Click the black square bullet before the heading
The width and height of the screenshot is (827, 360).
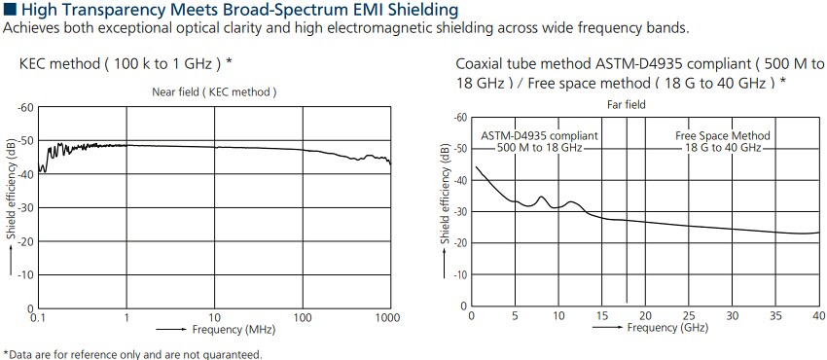point(10,10)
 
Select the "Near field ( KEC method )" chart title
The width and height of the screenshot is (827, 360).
point(214,91)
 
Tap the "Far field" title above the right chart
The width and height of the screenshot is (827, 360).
point(628,103)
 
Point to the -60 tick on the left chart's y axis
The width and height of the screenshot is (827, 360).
point(26,107)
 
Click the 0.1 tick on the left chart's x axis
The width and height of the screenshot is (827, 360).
point(39,318)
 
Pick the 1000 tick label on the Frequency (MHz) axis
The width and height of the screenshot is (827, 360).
point(389,318)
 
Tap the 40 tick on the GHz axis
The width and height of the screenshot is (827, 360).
point(818,315)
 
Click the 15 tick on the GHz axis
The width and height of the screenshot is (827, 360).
point(601,315)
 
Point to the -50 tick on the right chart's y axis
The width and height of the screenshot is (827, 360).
point(460,149)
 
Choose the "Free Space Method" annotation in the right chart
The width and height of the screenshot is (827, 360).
point(723,135)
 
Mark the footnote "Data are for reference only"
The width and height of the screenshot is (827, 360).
point(133,353)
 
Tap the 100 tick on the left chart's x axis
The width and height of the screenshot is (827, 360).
point(303,318)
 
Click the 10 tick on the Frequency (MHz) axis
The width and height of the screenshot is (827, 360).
point(215,318)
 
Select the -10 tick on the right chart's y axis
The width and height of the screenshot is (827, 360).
point(460,274)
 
